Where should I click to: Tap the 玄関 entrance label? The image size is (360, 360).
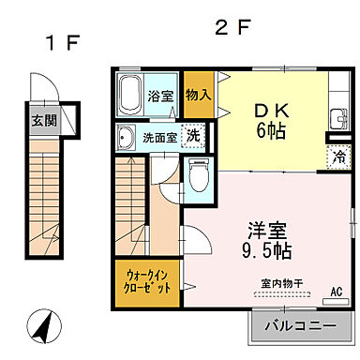click(40, 120)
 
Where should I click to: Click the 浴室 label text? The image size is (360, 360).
click(158, 96)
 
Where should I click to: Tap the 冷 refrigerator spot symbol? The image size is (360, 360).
click(336, 157)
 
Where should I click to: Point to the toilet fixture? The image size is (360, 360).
click(198, 175)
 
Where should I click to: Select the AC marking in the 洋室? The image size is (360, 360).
click(335, 292)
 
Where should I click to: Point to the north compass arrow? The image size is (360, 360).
click(42, 329)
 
